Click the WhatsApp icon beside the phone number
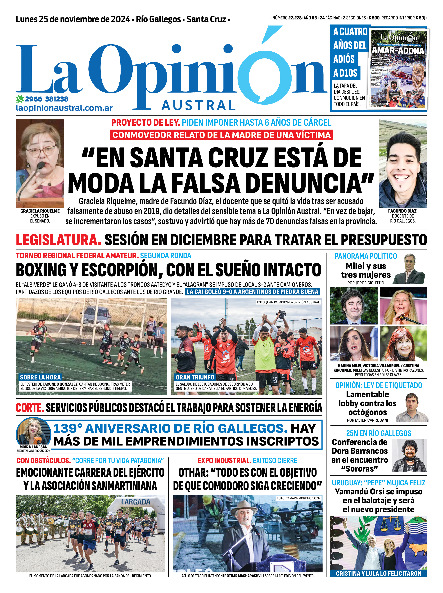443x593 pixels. pos(20,99)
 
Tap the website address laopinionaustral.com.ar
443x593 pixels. pos(64,108)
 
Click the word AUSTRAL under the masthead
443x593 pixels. pos(199,105)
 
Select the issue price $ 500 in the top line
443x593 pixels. pos(374,18)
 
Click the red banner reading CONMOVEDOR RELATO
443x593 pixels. pos(221,135)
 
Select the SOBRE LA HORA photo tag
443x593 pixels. pos(40,377)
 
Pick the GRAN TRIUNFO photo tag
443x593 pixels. pos(195,377)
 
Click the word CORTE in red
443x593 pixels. pos(30,408)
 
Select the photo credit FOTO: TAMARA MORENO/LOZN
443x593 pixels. pos(298,498)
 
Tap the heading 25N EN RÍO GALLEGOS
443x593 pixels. pos(378,433)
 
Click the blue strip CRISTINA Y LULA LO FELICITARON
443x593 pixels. pos(378,573)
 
